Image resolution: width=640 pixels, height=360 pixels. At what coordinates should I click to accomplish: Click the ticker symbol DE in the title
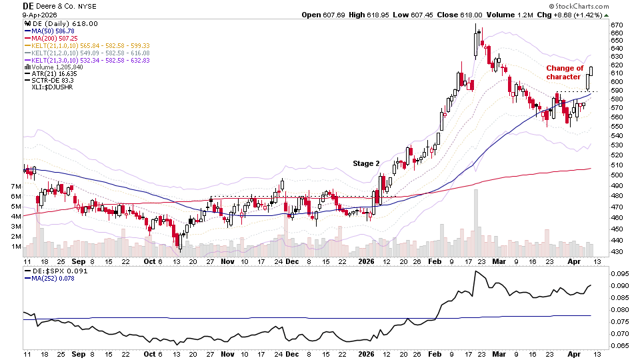29,6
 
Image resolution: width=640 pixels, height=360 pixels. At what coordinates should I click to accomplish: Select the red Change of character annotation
565,72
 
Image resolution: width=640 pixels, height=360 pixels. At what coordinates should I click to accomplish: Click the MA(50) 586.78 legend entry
51,31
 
